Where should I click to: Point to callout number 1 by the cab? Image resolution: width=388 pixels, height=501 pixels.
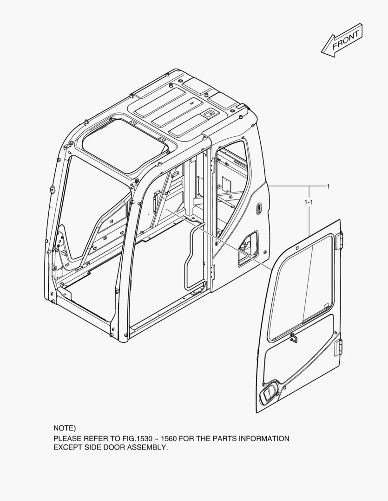click(328, 186)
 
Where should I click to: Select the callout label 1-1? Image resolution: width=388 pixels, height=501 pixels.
click(308, 202)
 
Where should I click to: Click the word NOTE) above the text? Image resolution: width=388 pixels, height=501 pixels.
click(65, 428)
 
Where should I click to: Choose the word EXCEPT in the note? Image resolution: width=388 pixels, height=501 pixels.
click(68, 448)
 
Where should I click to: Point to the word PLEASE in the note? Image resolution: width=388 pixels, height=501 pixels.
click(68, 438)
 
